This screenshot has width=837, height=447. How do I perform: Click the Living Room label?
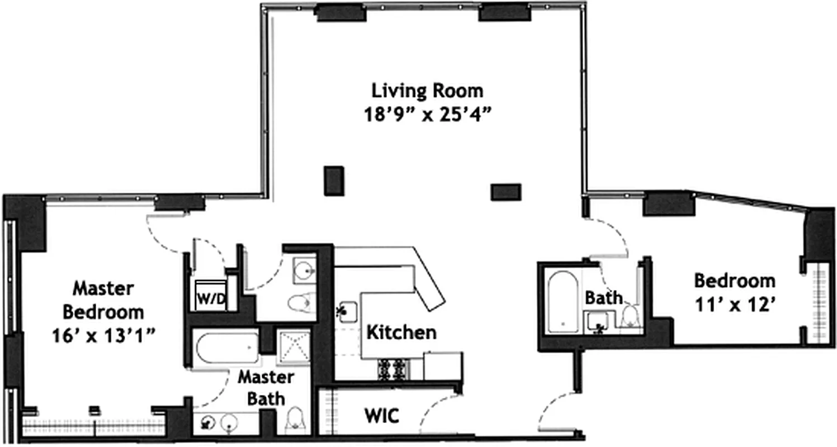(428, 90)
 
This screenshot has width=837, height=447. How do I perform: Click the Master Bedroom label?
(103, 299)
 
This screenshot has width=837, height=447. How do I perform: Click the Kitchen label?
(401, 332)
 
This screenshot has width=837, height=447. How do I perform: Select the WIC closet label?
(381, 416)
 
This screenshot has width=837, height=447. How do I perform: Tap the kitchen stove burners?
(394, 369)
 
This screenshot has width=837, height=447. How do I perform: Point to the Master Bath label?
(266, 387)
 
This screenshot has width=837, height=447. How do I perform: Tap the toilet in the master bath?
(295, 419)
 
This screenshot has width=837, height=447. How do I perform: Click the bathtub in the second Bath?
(562, 302)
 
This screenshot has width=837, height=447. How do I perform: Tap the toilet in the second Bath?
(631, 318)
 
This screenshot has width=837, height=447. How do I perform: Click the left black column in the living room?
(334, 180)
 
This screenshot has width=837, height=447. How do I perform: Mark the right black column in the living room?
(506, 192)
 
